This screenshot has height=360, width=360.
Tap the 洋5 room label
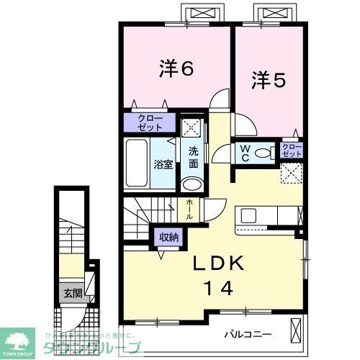pyautogui.click(x=269, y=80)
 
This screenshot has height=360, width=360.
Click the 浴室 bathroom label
pyautogui.click(x=163, y=163)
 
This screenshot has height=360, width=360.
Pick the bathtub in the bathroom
pyautogui.click(x=138, y=163)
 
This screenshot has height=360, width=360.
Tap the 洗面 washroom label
pyautogui.click(x=193, y=158)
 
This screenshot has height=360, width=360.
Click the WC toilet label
pyautogui.click(x=246, y=153)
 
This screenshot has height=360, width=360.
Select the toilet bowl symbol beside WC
pyautogui.click(x=264, y=153)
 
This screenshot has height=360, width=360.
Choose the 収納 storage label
pyautogui.click(x=169, y=237)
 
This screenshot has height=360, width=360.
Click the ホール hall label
pyautogui.click(x=189, y=210)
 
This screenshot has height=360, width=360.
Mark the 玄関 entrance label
pyautogui.click(x=72, y=293)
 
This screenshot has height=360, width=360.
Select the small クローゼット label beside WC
pyautogui.click(x=291, y=150)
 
